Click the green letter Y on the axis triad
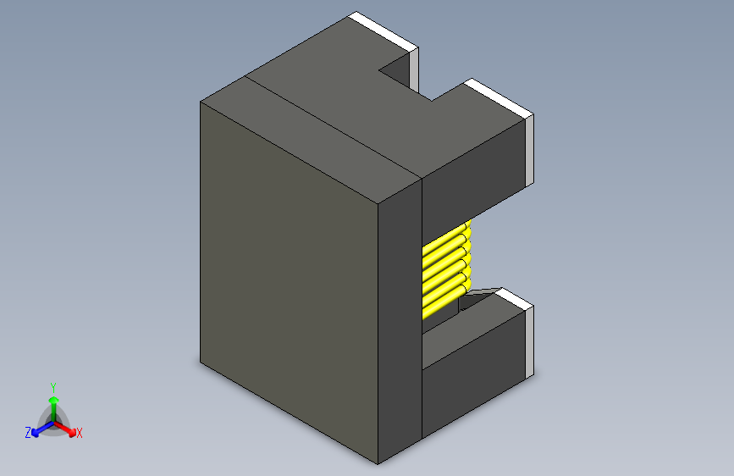point(53,385)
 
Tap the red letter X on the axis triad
point(80,434)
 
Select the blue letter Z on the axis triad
point(28,433)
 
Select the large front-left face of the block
point(288,280)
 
